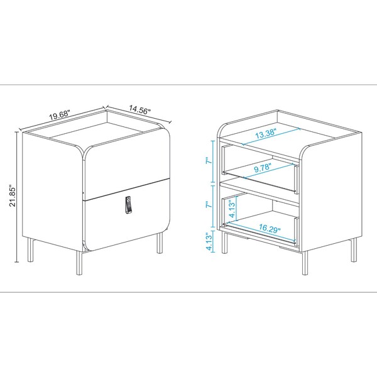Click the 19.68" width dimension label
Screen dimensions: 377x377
60,115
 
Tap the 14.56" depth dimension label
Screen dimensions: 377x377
139,109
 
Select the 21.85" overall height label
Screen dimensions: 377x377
12,195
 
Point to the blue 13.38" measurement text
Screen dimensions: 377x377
266,133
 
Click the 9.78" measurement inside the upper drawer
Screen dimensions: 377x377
263,167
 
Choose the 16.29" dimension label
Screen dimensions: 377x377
270,228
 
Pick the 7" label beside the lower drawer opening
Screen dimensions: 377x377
210,205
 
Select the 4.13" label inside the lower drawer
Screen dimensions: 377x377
232,209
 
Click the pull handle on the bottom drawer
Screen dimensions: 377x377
129,205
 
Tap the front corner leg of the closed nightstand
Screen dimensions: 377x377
79,263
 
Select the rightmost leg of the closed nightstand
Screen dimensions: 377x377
160,243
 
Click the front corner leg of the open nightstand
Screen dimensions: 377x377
305,263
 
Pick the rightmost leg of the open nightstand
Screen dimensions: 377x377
354,249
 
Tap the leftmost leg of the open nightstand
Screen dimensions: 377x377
224,243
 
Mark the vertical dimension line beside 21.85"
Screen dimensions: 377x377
16,197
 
